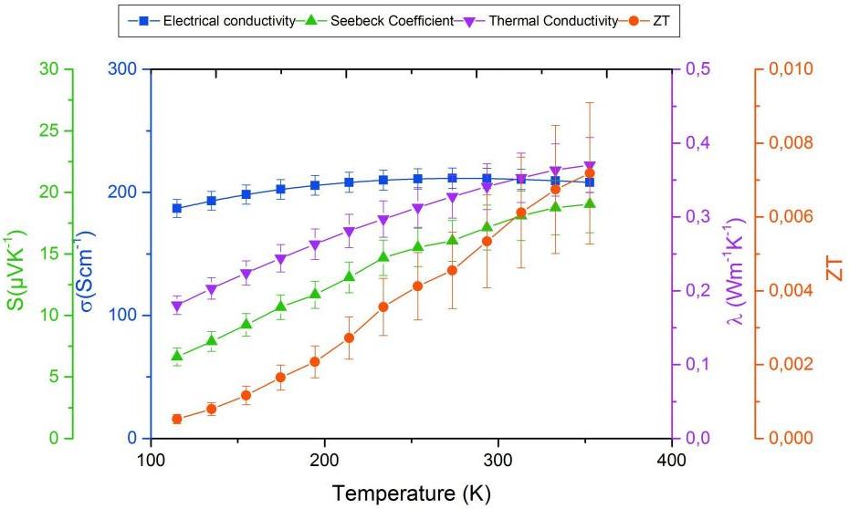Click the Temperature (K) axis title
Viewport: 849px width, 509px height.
coord(412,493)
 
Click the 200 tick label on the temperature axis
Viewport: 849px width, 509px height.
coord(324,459)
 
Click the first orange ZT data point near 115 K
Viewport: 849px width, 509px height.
coord(177,419)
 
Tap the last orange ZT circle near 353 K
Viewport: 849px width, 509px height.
coord(590,173)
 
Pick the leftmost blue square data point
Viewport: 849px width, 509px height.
coord(177,208)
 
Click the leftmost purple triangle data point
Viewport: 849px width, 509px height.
coord(177,306)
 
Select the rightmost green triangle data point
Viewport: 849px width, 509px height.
coord(590,203)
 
